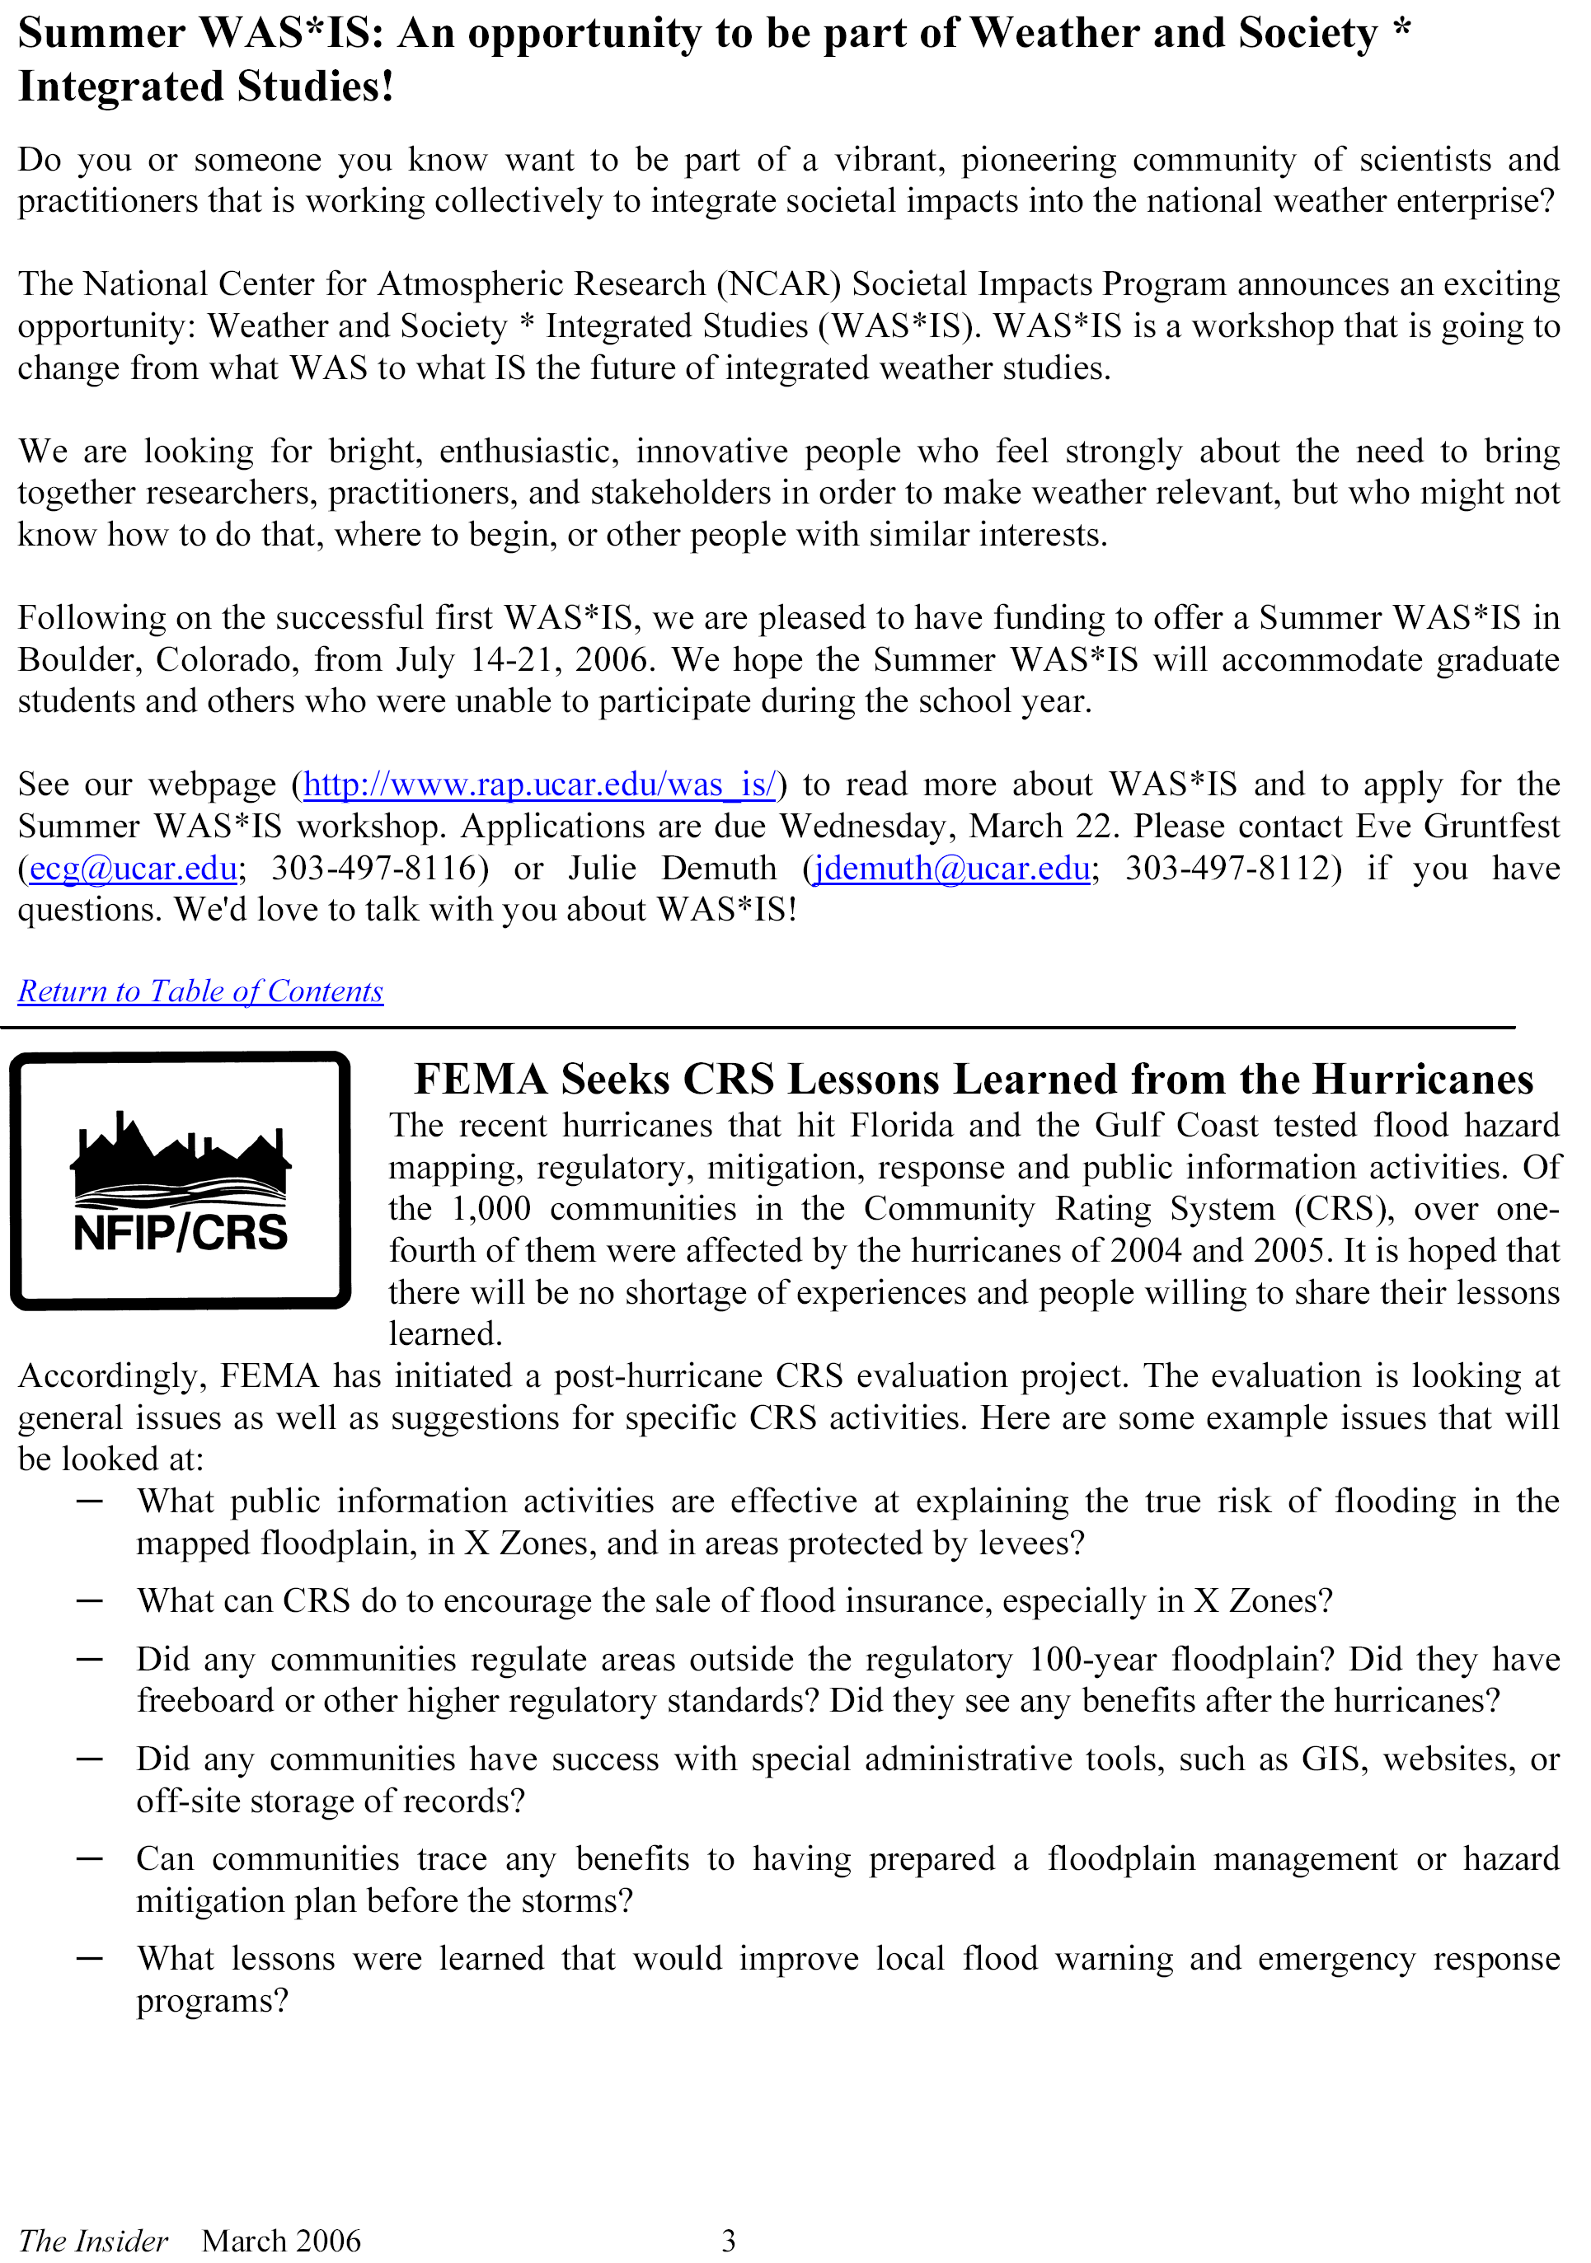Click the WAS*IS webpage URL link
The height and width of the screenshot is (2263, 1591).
tap(539, 785)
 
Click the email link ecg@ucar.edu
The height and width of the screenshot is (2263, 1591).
tap(133, 869)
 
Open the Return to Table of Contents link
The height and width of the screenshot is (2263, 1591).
tap(200, 991)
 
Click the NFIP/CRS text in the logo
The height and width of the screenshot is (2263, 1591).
tap(181, 1233)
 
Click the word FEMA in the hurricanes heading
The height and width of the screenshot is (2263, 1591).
tap(480, 1080)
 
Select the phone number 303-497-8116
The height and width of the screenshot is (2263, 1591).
tap(379, 869)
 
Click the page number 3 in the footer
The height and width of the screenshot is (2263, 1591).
tap(729, 2240)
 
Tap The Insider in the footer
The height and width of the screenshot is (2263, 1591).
tap(94, 2240)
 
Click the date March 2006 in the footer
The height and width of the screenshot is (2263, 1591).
tap(281, 2240)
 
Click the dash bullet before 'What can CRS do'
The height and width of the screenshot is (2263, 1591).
tap(90, 1600)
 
